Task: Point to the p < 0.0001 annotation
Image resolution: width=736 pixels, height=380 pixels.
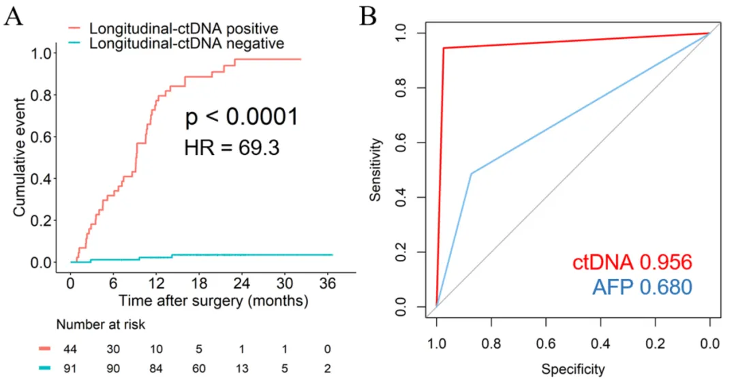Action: [242, 117]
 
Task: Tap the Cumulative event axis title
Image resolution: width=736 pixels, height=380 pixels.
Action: [21, 158]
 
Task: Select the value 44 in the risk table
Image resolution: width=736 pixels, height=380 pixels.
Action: [70, 349]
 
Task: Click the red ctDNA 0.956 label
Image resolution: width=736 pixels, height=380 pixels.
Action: [632, 263]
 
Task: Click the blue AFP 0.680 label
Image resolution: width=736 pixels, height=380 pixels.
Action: [641, 287]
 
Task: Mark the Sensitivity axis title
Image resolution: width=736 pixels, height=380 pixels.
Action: [377, 169]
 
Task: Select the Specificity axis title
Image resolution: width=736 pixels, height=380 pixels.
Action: [572, 370]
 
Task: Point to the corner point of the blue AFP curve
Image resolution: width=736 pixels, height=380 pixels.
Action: [472, 173]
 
